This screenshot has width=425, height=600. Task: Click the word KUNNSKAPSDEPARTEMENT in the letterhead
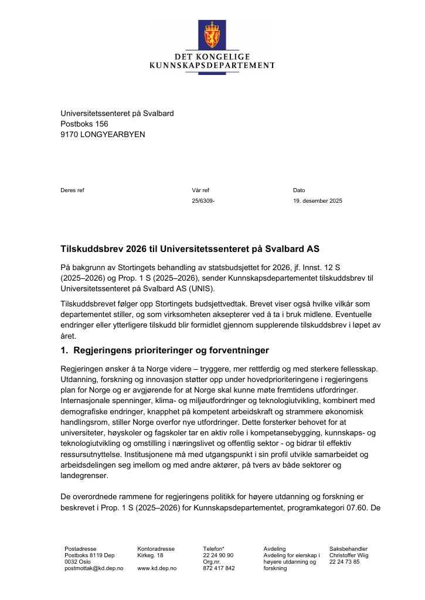tap(212, 66)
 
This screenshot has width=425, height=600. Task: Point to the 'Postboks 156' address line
tap(84, 124)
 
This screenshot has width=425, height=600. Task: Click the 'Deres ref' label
tap(72, 190)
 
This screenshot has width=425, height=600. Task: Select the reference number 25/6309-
tap(203, 201)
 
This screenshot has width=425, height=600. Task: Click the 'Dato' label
tap(299, 190)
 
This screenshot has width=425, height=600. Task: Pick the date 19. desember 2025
tap(318, 201)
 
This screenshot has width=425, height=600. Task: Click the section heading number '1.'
tap(64, 351)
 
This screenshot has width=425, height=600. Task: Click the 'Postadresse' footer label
tap(80, 549)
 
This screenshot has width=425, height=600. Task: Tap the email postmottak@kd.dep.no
tap(94, 568)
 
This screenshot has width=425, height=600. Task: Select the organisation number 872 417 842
tap(219, 568)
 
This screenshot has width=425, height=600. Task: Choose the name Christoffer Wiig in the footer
tap(349, 555)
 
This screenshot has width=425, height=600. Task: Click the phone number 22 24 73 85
tap(344, 562)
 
